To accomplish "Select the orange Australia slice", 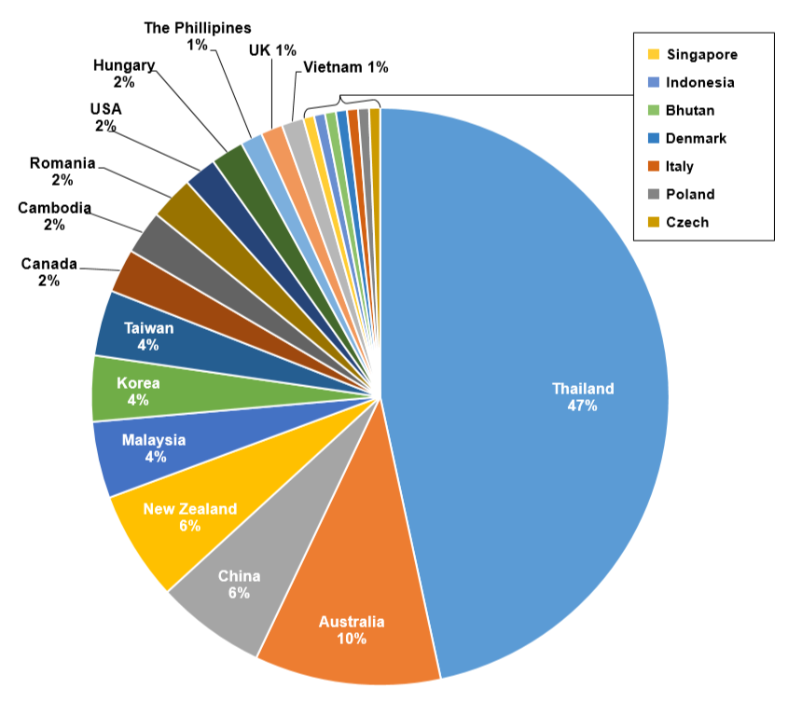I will coord(350,615).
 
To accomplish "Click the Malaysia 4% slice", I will coord(154,448).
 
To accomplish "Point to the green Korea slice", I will coord(140,391).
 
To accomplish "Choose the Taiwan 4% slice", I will coord(148,336).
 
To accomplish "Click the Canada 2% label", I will coord(49,272).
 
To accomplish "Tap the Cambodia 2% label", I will coord(54,216).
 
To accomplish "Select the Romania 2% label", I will coord(62,172).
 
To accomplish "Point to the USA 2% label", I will coord(105,117).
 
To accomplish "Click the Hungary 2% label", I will coord(124,73).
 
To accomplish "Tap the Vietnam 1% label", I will coord(345,67).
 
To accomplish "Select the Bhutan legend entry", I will coord(690,110).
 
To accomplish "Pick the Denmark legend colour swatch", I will coord(654,138).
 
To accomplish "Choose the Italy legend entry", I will coord(679,166).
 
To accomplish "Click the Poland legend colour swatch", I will coord(654,194).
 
